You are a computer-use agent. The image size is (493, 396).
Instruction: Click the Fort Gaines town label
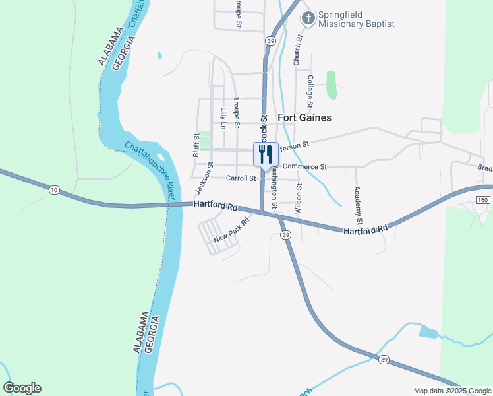pos(304,117)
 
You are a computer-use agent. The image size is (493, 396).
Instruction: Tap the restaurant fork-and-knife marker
pos(266,154)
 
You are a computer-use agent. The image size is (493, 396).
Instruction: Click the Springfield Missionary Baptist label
pos(356,19)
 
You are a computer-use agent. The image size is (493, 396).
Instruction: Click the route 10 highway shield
pos(53,190)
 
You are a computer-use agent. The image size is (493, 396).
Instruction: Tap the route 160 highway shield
pos(484,199)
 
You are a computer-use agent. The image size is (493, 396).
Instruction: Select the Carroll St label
pos(241,178)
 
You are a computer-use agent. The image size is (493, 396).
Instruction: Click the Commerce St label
pos(304,167)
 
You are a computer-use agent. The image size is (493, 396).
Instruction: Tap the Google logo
pos(22,388)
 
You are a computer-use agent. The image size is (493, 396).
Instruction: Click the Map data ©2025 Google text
pos(452,391)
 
